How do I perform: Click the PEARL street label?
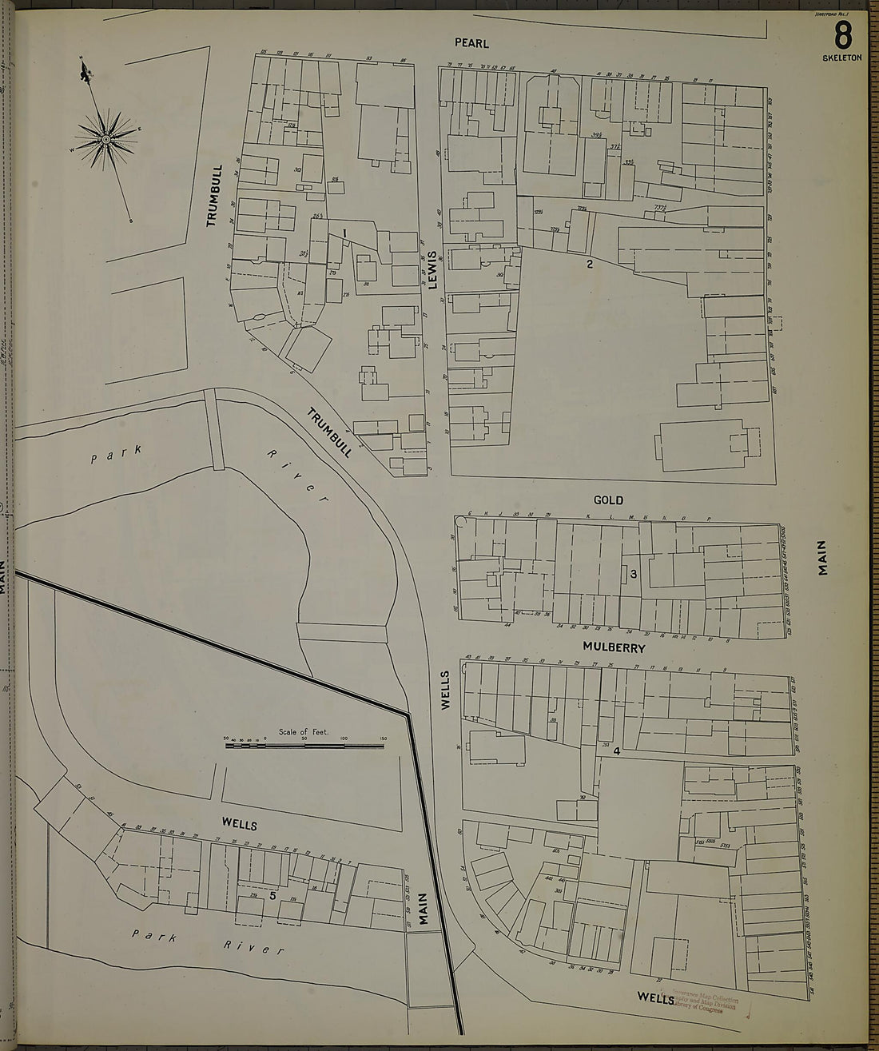coord(471,43)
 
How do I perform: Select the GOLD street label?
coord(607,500)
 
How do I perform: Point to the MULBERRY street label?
coord(614,647)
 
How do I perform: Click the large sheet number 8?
coord(842,37)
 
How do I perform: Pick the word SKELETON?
coord(842,58)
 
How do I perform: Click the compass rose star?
coord(105,140)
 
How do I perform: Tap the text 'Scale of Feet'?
coord(304,731)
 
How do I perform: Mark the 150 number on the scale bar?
coord(383,738)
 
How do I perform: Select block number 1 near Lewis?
coord(344,233)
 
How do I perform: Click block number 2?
coord(590,265)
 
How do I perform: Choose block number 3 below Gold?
coord(632,574)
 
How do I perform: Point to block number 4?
coord(617,752)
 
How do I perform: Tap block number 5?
coord(273,896)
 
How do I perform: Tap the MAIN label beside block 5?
coord(424,908)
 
